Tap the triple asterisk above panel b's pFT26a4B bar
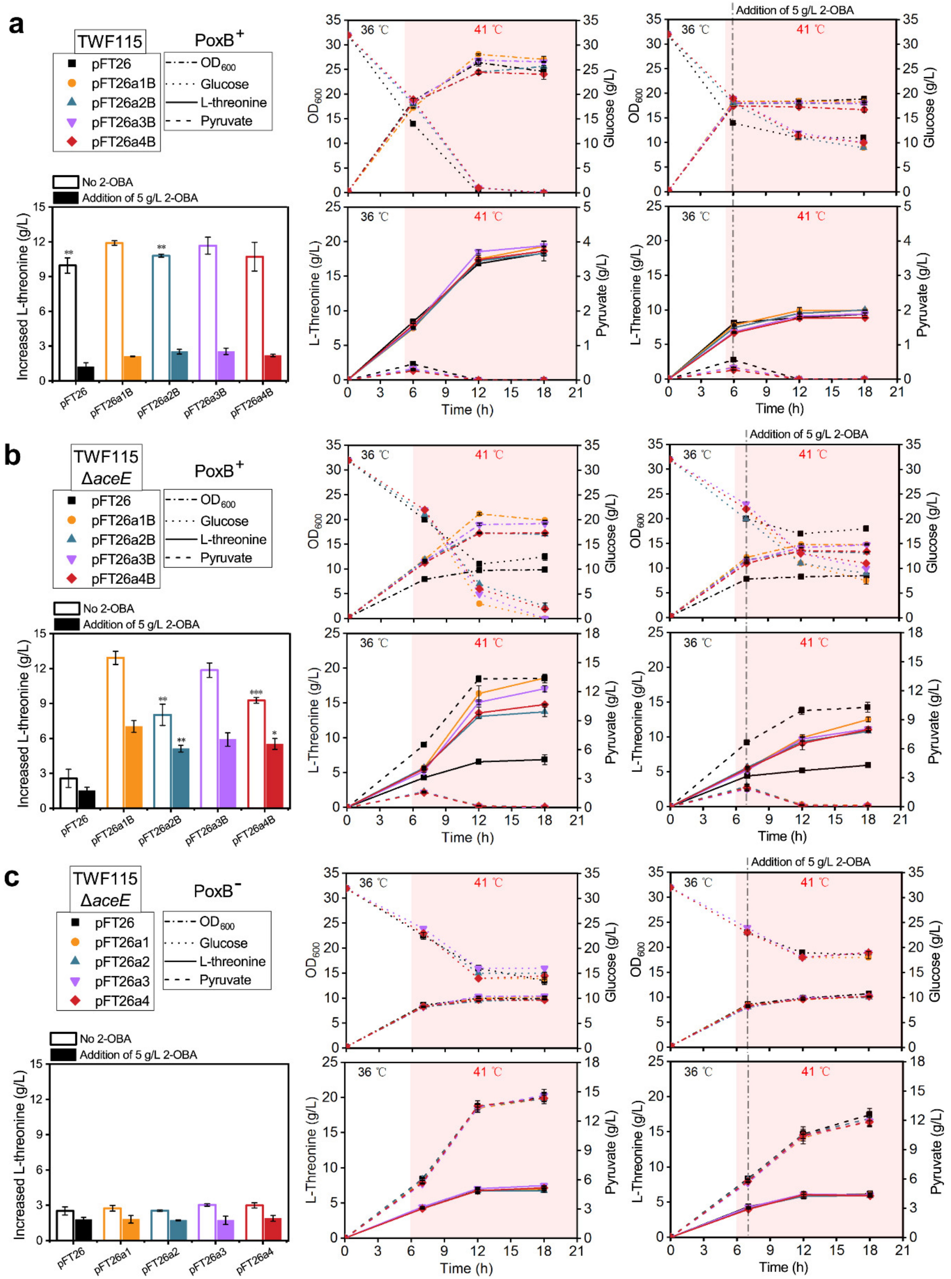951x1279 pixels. point(256,692)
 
